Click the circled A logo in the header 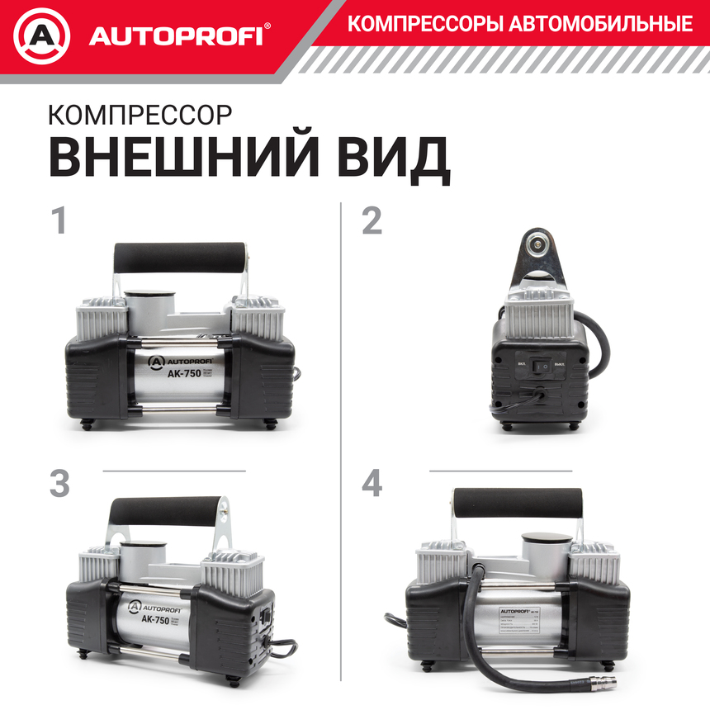click(41, 36)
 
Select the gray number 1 click(58, 221)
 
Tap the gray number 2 click(372, 221)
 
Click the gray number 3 click(59, 484)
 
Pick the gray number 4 click(372, 484)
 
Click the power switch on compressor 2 click(542, 363)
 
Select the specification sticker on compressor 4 click(528, 624)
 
